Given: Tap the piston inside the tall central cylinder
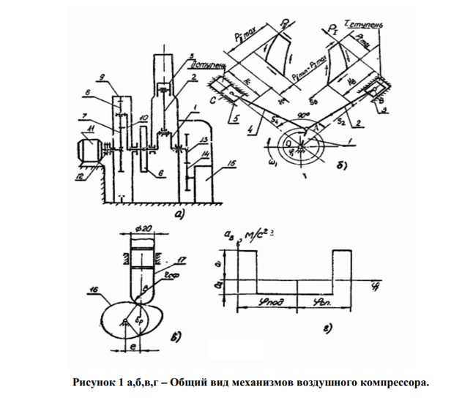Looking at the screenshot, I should coord(168,86).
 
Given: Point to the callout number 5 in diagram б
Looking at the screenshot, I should coord(231,121).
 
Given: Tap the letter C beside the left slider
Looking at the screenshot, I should coord(222,97).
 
